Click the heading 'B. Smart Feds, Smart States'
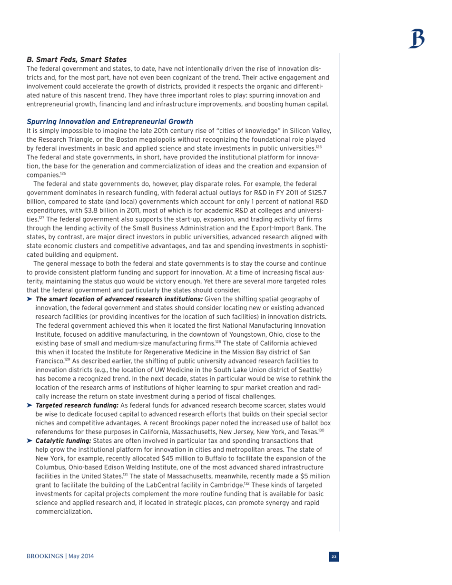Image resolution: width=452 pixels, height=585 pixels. pyautogui.click(x=76, y=59)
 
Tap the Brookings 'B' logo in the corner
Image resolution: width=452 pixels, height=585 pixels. pyautogui.click(x=417, y=39)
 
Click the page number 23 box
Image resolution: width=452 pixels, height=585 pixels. pyautogui.click(x=334, y=556)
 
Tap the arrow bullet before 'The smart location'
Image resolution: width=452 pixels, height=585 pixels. pyautogui.click(x=30, y=299)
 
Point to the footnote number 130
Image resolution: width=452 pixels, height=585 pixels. pyautogui.click(x=322, y=430)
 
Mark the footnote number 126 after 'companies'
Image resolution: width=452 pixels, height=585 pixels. pyautogui.click(x=63, y=174)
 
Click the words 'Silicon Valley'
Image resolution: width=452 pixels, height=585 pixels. pyautogui.click(x=304, y=130)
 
